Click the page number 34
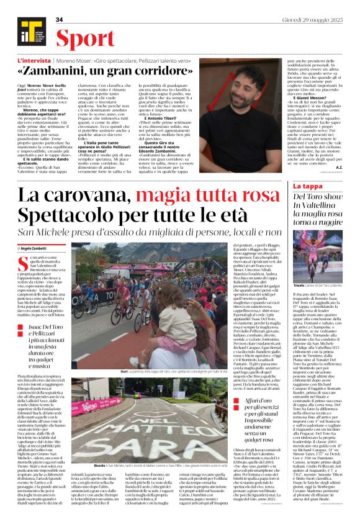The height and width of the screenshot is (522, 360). tap(60, 19)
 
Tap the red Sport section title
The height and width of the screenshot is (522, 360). tap(85, 38)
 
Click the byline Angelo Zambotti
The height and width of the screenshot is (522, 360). tap(40, 248)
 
